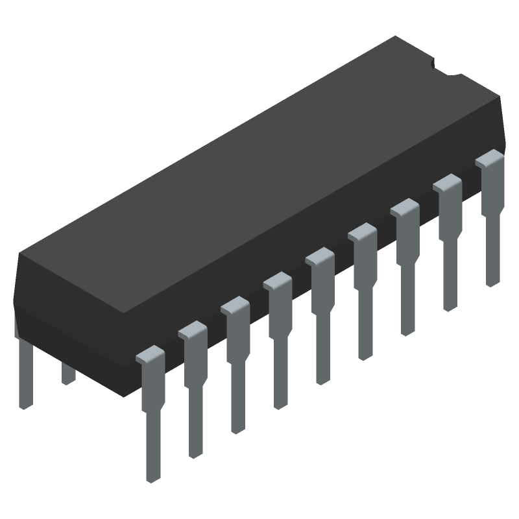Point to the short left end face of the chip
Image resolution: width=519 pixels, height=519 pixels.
pos(19,292)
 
